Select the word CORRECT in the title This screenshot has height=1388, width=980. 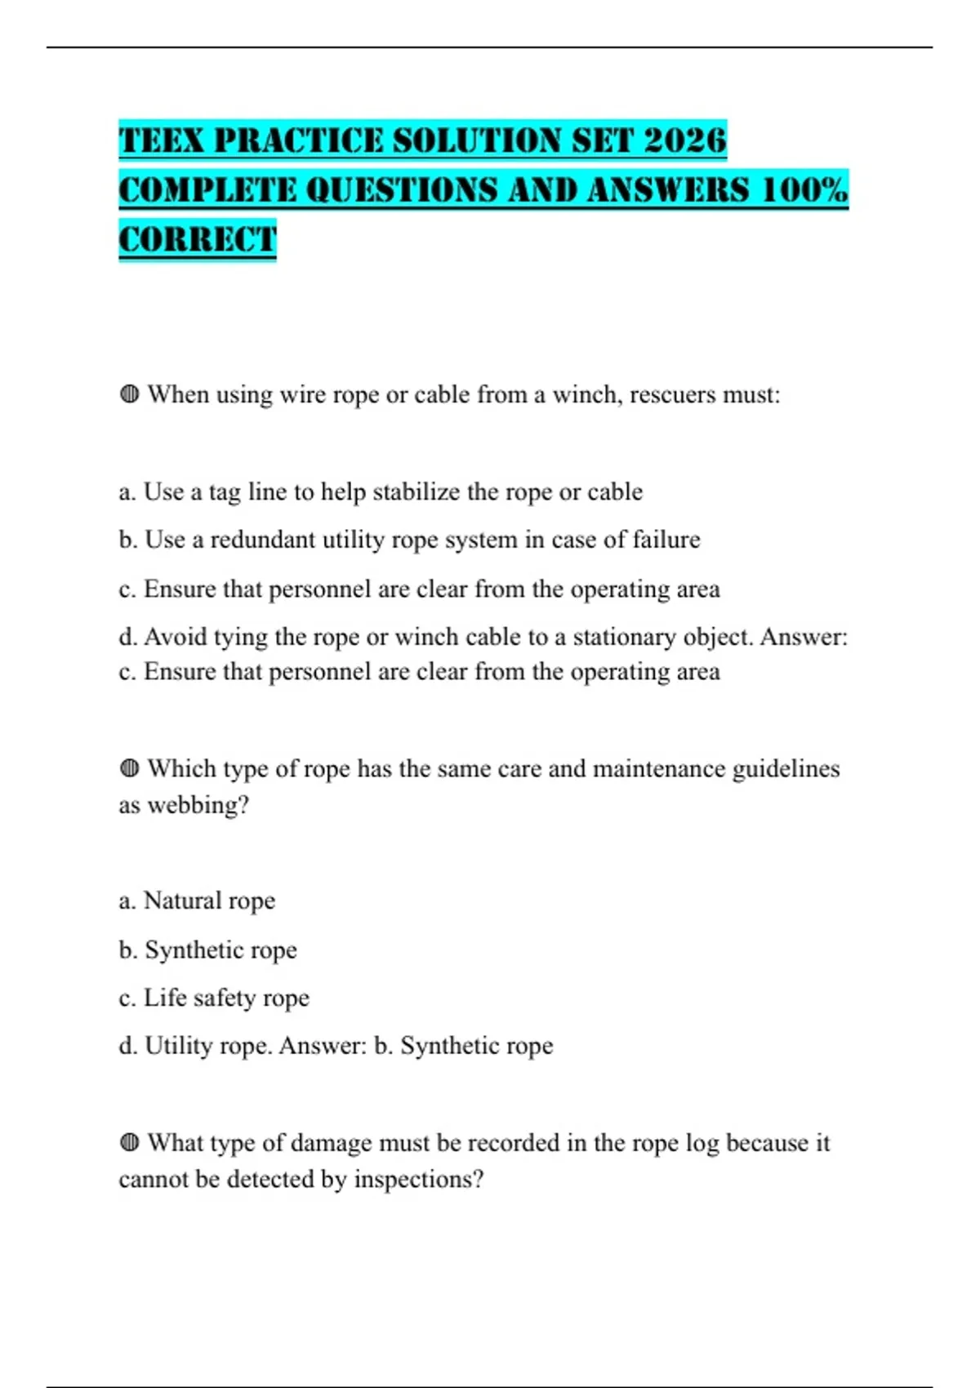[x=198, y=240]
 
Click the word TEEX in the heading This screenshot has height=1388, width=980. [x=161, y=140]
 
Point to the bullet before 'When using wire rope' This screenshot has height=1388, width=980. [x=129, y=395]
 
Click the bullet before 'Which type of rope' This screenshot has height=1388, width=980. [x=129, y=769]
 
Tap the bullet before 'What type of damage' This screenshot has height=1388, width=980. [x=129, y=1143]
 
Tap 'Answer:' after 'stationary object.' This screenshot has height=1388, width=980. [x=804, y=637]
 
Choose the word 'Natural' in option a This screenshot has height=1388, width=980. [x=182, y=901]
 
